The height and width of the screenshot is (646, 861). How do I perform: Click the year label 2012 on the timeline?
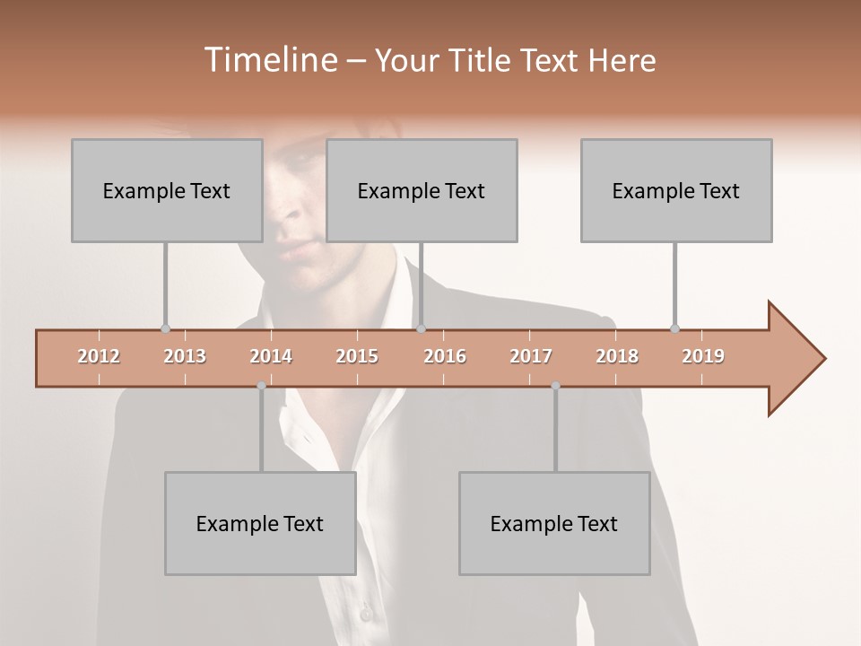tap(99, 356)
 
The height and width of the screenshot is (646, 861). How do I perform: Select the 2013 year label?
tap(185, 356)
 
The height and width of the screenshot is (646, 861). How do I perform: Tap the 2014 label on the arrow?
tap(271, 356)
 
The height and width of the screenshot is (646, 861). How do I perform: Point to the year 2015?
tap(357, 356)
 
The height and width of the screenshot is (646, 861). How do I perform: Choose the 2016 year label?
tap(445, 356)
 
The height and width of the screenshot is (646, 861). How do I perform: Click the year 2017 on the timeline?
tap(531, 356)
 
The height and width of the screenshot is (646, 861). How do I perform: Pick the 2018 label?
tap(617, 356)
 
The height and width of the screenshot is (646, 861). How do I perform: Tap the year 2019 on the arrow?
tap(703, 356)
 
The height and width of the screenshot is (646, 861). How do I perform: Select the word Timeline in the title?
tap(268, 60)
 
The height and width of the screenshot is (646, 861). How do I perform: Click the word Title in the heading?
tap(482, 61)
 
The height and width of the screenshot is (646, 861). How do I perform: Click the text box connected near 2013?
tap(167, 190)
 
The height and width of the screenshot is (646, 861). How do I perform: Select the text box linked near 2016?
tap(422, 190)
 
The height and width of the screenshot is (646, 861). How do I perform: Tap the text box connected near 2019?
tap(676, 190)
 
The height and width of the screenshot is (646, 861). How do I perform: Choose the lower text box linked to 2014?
tap(260, 523)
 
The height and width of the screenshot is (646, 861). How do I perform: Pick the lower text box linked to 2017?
tap(554, 523)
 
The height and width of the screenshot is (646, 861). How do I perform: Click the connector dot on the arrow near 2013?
tap(165, 328)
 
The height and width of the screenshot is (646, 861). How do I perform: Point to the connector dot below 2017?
tap(555, 386)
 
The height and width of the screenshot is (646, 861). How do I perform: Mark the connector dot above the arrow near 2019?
tap(674, 328)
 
